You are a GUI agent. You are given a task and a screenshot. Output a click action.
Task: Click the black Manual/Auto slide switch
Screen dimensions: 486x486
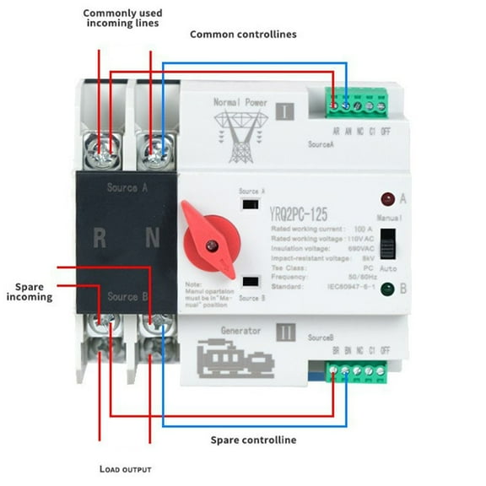387,246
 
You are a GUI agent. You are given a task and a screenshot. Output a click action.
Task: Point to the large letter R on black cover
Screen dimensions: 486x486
100,239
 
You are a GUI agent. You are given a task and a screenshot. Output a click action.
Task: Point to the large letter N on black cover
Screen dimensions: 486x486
152,239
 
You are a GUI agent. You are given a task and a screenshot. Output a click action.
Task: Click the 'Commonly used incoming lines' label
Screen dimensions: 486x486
121,18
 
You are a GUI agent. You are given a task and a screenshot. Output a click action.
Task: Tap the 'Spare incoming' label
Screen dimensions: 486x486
29,292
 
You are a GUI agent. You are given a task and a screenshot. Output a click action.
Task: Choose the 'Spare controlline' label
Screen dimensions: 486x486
252,440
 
